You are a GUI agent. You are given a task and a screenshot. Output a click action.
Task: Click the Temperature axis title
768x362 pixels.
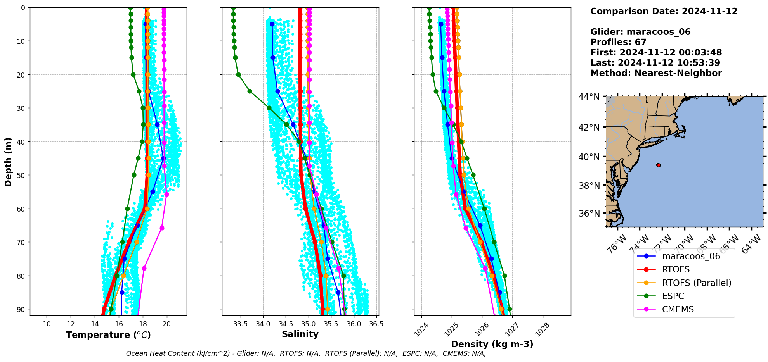point(108,335)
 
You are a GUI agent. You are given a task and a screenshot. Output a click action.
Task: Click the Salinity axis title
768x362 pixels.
point(300,334)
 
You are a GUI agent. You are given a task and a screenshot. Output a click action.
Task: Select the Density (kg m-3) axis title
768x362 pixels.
point(492,344)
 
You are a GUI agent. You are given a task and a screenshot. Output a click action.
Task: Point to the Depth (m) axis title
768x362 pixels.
point(9,162)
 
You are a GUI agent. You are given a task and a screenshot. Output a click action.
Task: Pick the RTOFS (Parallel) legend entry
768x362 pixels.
point(696,283)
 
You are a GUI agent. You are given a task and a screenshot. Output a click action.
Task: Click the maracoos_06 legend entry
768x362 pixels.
point(691,256)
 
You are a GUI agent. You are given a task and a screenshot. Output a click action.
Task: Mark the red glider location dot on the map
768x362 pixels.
point(658,165)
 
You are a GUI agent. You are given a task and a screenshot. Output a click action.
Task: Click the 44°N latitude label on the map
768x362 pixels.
point(589,97)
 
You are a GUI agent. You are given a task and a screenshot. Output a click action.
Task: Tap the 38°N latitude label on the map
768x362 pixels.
point(589,186)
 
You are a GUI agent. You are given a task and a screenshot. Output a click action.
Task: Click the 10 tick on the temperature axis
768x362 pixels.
point(47,324)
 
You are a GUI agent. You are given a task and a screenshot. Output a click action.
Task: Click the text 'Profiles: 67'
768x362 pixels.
point(618,42)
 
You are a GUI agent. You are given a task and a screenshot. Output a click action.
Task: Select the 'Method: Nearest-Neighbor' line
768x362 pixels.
point(656,73)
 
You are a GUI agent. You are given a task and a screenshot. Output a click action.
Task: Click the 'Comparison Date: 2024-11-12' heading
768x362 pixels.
point(664,11)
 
